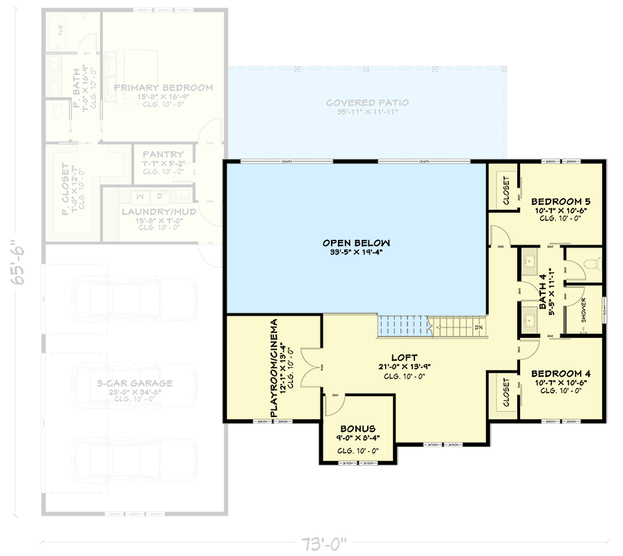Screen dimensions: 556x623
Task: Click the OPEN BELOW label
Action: (x=356, y=243)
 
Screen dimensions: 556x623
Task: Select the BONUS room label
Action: (x=357, y=429)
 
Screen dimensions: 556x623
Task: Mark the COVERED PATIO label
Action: (x=368, y=103)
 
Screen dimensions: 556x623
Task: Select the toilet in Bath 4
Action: (x=592, y=263)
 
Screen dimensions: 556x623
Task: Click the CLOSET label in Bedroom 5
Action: (x=505, y=189)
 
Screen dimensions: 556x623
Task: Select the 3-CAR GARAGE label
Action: (x=135, y=383)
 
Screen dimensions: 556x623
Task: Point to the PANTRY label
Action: (x=163, y=154)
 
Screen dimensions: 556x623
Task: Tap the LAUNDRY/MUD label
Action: (x=159, y=211)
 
